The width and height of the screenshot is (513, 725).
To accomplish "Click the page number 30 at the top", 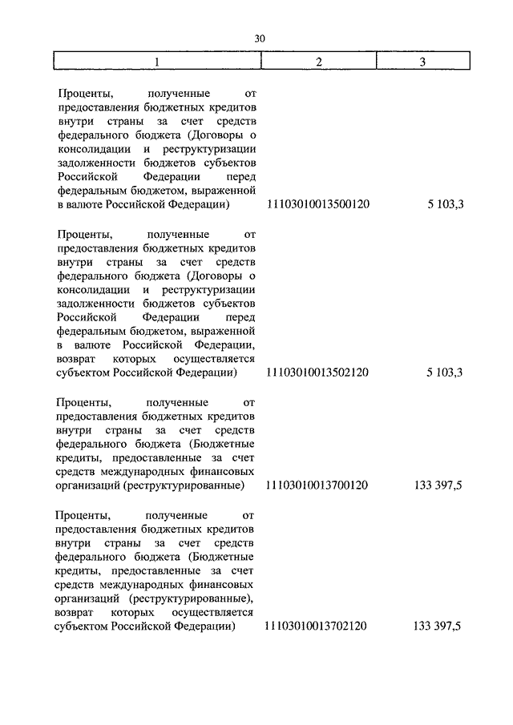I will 258,38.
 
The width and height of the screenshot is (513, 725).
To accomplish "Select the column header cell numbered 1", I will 157,62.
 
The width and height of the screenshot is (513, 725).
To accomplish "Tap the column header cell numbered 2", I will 317,62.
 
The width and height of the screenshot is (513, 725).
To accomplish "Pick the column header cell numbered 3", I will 422,62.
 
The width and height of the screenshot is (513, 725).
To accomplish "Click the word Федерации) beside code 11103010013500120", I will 203,205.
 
